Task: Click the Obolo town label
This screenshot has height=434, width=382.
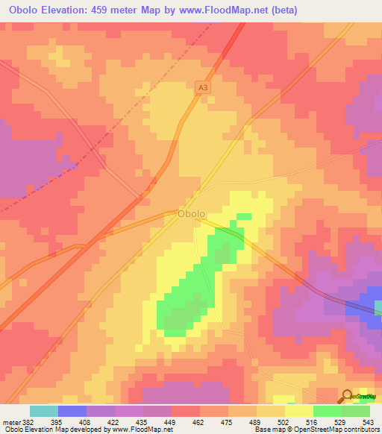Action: click(191, 214)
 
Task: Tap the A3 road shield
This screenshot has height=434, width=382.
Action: click(202, 87)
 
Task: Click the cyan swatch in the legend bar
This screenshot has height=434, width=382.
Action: click(43, 411)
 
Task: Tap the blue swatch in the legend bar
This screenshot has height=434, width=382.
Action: click(72, 411)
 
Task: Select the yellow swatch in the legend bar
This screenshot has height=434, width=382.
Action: click(298, 411)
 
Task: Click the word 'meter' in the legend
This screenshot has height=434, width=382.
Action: click(11, 421)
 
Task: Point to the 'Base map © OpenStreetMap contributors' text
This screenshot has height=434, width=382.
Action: click(316, 430)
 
